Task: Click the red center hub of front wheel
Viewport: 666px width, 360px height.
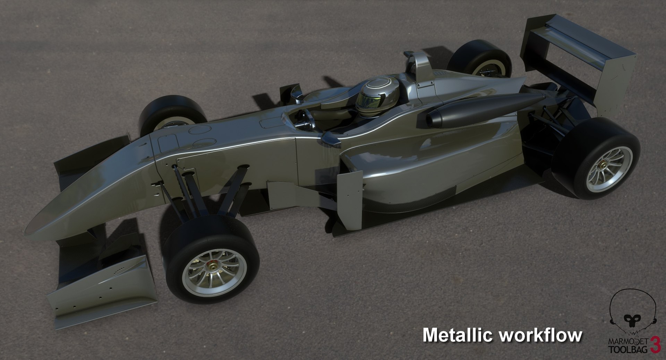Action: (x=210, y=266)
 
